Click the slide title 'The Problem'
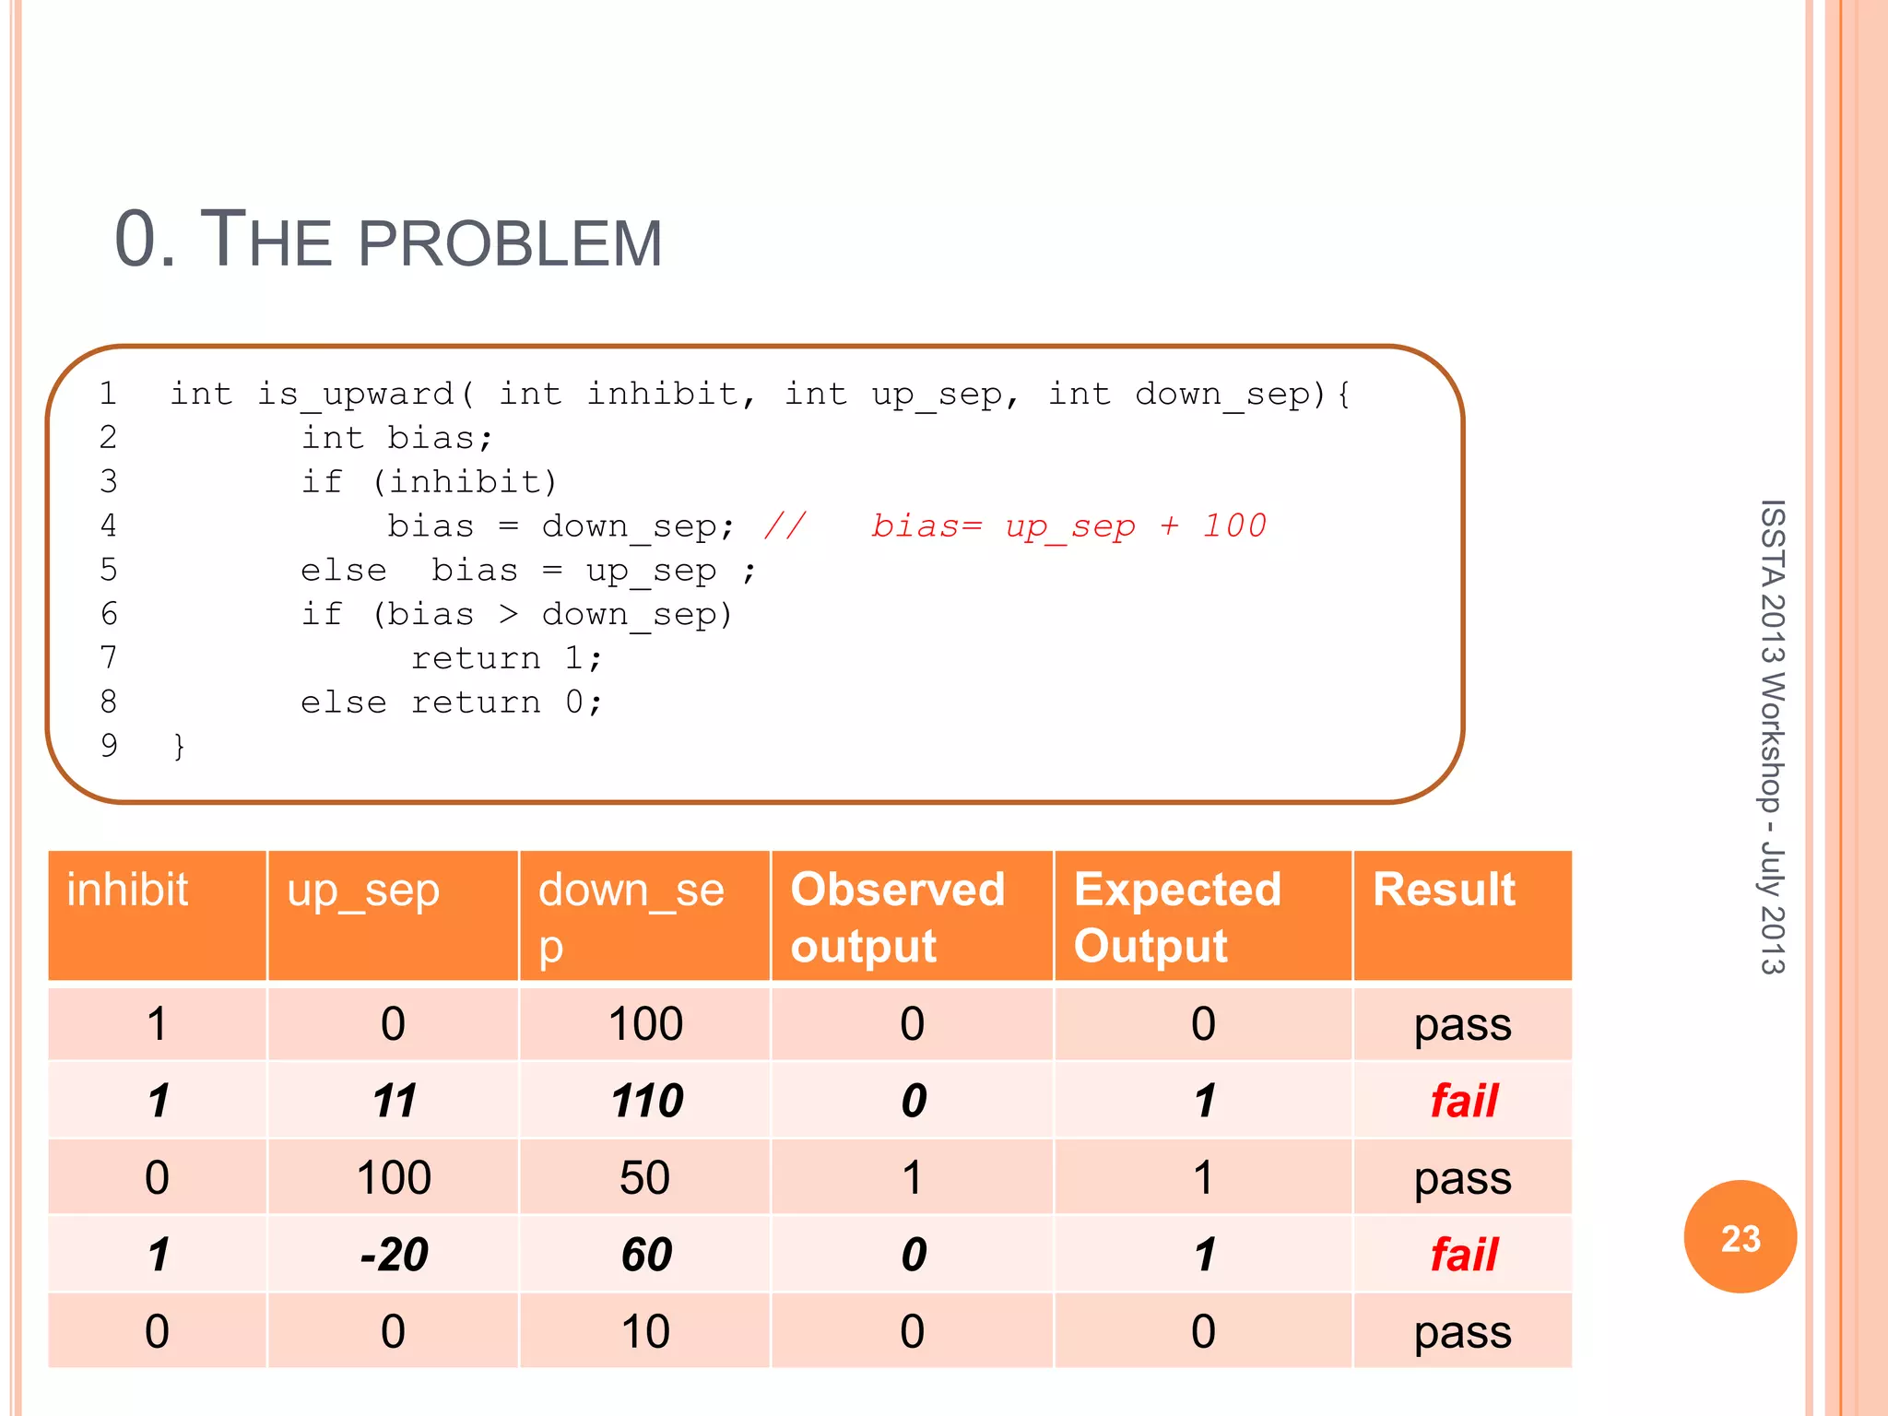pos(388,240)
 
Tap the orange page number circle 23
pos(1740,1237)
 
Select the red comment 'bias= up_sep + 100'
pos(1068,525)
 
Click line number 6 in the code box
pos(109,614)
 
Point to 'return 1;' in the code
pos(506,658)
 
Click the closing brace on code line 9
pos(179,746)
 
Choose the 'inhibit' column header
pos(127,891)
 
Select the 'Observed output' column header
pos(897,917)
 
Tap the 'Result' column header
pos(1443,891)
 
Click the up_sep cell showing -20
pos(394,1254)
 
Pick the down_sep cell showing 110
pos(646,1101)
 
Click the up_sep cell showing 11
pos(394,1101)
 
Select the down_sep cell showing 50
pos(644,1177)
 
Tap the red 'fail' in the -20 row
pos(1464,1254)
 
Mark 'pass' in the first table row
pos(1462,1024)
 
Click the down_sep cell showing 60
pos(646,1254)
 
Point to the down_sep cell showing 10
pos(644,1331)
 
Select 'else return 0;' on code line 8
pos(452,702)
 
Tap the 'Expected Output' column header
pos(1177,917)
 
